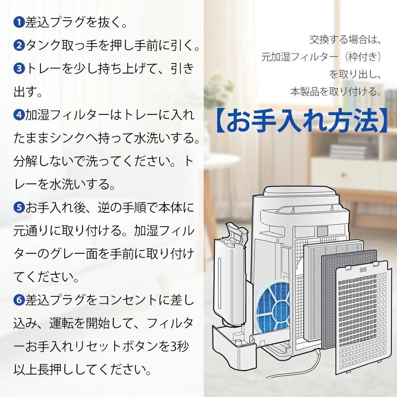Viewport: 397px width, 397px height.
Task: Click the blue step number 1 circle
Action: (19, 23)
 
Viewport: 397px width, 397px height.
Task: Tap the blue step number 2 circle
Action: (19, 46)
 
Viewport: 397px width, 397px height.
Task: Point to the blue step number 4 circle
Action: (19, 116)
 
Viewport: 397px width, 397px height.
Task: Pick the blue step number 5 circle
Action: (19, 208)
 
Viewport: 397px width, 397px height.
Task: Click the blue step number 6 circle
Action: (19, 300)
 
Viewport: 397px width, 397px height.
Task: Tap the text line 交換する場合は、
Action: (345, 40)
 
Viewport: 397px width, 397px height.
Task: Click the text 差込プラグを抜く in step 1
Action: (72, 23)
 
